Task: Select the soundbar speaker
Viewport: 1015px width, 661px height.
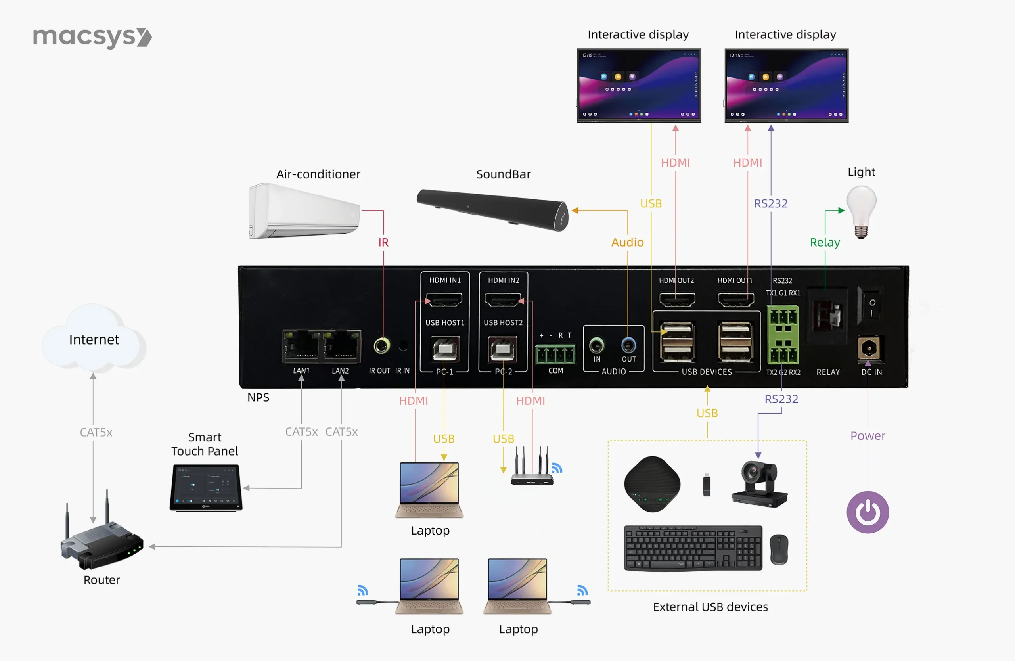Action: [492, 209]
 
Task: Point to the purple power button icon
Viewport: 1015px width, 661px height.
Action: [868, 512]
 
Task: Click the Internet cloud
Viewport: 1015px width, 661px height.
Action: [94, 339]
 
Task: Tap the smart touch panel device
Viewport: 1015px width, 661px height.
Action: [206, 487]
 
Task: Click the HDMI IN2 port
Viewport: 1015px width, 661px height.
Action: [503, 300]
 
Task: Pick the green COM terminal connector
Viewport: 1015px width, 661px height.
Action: [555, 354]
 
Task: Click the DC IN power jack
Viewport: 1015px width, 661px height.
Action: [869, 349]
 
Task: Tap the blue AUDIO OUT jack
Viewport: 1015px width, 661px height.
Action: [628, 345]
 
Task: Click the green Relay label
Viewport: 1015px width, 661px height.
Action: [825, 242]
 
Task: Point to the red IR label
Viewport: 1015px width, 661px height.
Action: [383, 242]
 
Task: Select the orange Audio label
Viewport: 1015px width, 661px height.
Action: [627, 242]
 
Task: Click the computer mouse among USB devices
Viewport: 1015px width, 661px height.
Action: [779, 549]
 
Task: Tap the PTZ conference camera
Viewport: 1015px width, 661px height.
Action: [760, 484]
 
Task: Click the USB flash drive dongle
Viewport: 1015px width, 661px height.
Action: [707, 485]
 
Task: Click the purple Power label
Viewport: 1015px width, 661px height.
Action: [868, 435]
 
